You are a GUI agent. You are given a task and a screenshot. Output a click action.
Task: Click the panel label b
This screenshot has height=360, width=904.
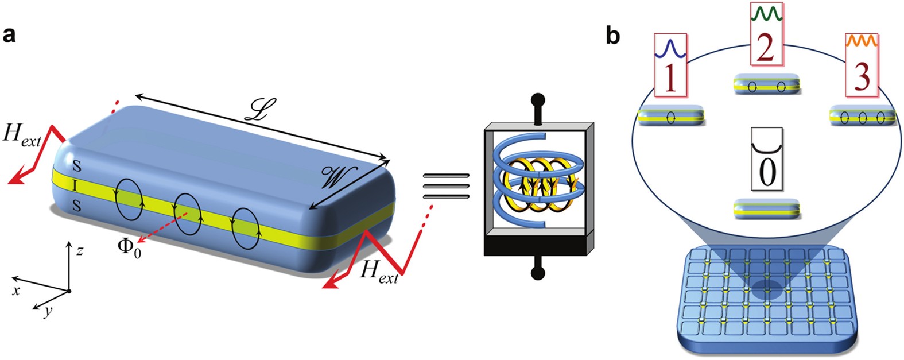tap(613, 36)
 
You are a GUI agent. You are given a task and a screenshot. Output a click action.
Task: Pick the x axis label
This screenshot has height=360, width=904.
tap(16, 291)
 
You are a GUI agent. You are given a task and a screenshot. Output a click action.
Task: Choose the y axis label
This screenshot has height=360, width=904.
tap(49, 311)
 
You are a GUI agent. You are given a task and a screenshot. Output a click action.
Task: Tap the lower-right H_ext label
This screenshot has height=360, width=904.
tap(379, 270)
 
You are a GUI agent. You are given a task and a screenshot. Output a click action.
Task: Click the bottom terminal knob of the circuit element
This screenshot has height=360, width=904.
tap(538, 273)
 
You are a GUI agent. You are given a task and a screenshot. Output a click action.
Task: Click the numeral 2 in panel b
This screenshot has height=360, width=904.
tap(766, 47)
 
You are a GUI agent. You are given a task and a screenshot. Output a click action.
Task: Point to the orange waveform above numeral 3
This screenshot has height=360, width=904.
tap(861, 41)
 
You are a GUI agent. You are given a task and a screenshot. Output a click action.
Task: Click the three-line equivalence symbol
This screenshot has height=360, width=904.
tap(446, 187)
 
